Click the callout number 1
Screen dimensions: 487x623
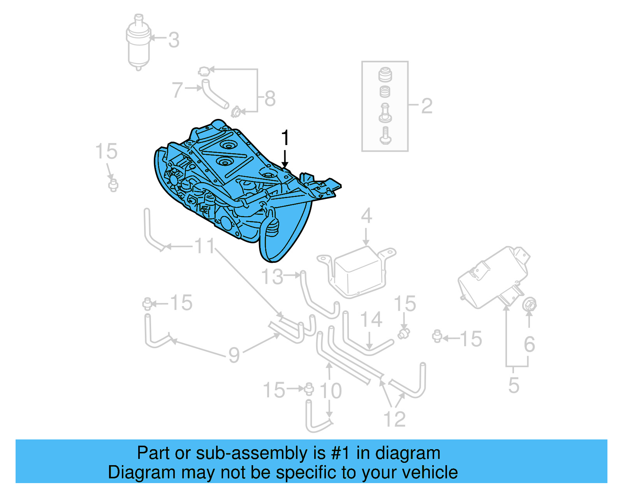285,138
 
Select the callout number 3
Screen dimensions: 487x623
174,40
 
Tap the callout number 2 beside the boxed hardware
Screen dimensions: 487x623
427,106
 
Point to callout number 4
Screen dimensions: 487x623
366,216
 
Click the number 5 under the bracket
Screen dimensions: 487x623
514,385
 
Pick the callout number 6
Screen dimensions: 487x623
529,344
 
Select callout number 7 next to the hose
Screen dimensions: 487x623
177,90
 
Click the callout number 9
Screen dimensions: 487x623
234,355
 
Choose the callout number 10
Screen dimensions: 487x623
331,390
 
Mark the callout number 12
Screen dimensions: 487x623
394,419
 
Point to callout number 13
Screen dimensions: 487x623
272,277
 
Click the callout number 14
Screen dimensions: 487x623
371,320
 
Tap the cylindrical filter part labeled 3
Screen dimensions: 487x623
138,45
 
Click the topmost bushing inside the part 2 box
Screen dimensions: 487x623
385,74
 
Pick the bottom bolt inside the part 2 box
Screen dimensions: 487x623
385,135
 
